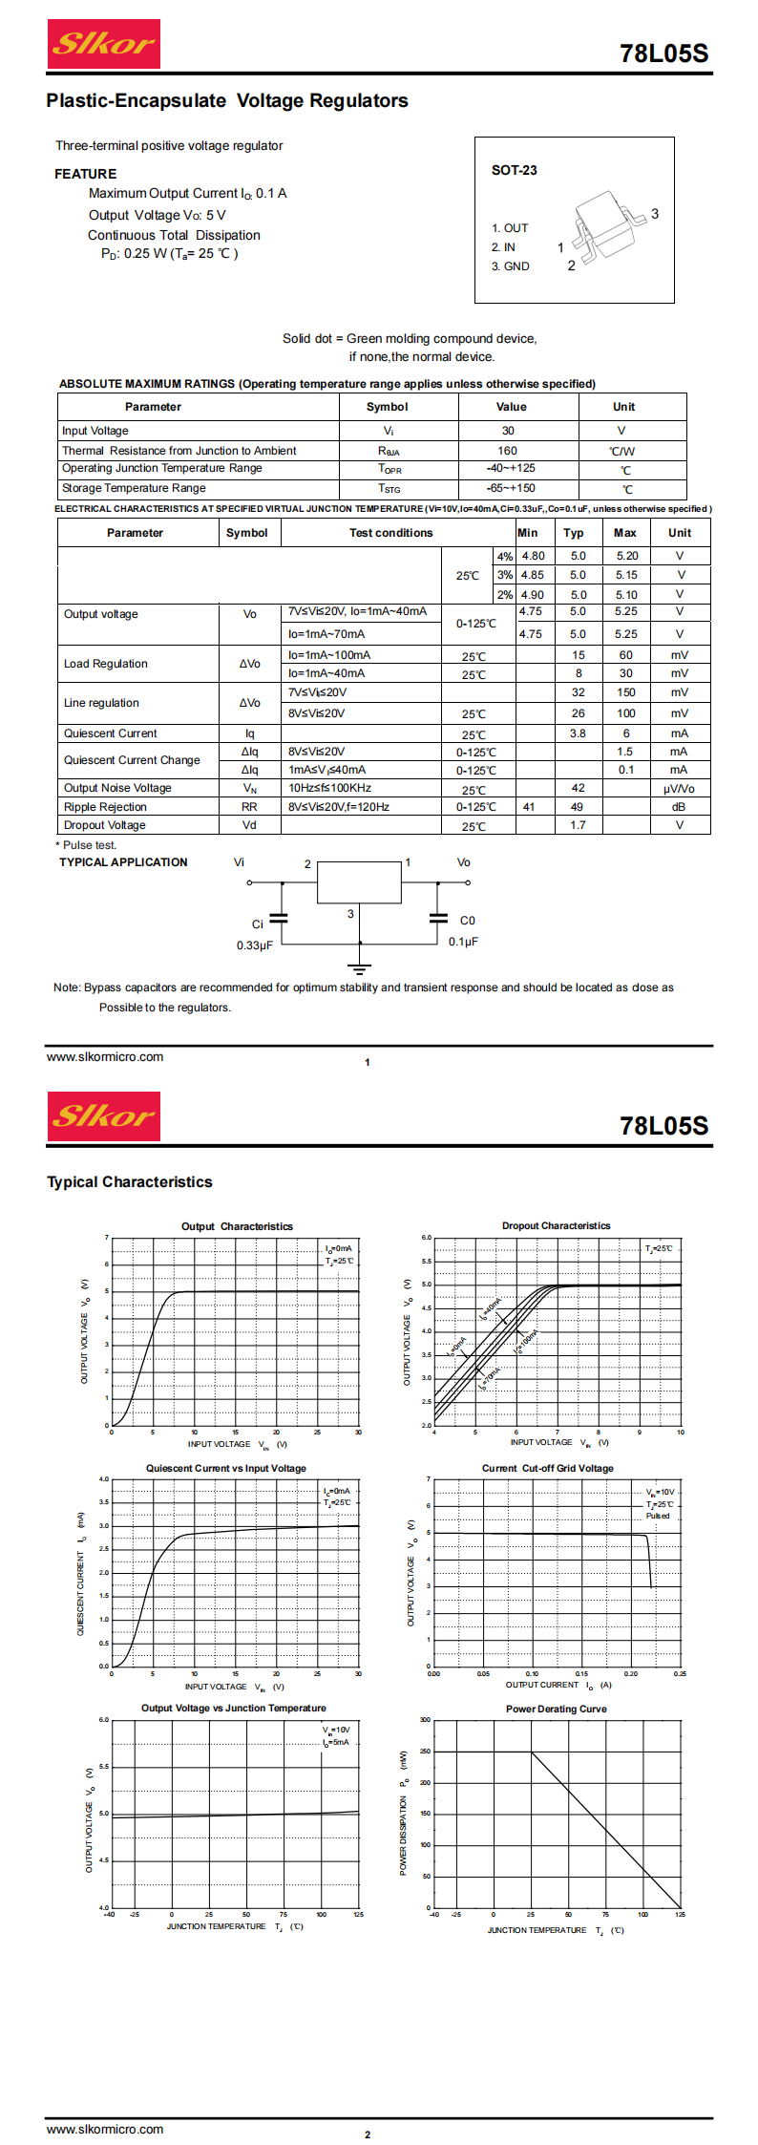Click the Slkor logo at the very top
[103, 44]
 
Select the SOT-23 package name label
[514, 170]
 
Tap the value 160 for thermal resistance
[507, 451]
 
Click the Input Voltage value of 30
[508, 431]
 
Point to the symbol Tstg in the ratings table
[389, 488]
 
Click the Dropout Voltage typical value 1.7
[578, 825]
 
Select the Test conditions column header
[390, 533]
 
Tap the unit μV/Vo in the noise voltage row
[679, 789]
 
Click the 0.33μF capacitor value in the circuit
[255, 945]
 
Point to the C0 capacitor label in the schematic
[467, 921]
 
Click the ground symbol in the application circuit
[360, 967]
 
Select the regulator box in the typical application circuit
[359, 882]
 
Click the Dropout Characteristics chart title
[556, 1225]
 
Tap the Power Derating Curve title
[556, 1709]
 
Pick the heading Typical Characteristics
[130, 1181]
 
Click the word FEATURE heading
[86, 174]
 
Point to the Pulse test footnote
[88, 845]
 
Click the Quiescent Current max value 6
[626, 733]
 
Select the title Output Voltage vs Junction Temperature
[233, 1708]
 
